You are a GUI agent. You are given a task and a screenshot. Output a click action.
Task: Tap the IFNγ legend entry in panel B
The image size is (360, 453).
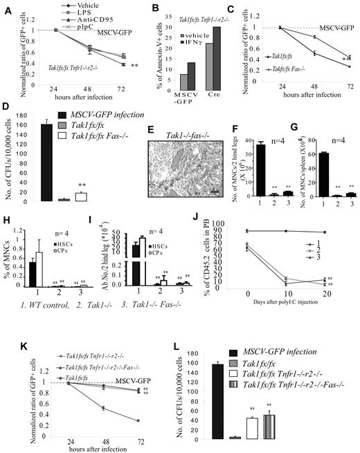(191, 41)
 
